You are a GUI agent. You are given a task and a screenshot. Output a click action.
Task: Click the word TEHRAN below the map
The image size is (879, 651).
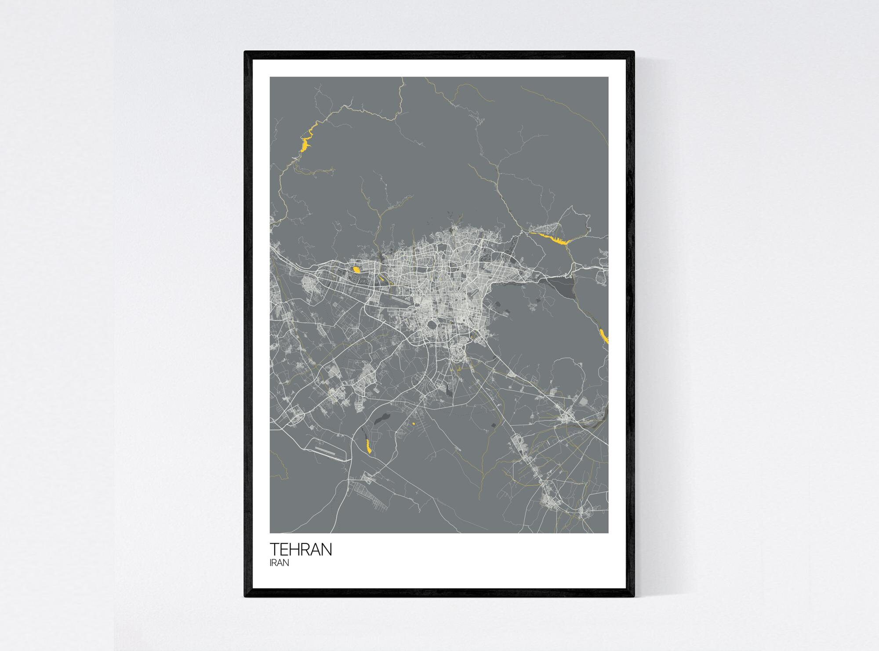click(301, 550)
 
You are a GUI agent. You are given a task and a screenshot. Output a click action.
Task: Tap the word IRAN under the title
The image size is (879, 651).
click(279, 563)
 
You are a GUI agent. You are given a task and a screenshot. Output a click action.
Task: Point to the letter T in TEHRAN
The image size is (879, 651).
click(274, 550)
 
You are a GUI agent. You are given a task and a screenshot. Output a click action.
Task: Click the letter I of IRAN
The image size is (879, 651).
click(271, 563)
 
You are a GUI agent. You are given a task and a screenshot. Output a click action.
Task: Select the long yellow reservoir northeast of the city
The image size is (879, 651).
click(549, 238)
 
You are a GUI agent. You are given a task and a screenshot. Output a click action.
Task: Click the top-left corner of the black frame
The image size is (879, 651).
click(245, 52)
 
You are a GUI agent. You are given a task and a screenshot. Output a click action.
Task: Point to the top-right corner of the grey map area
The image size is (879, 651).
click(608, 77)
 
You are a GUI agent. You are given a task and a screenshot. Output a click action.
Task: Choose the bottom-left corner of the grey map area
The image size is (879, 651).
click(270, 533)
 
